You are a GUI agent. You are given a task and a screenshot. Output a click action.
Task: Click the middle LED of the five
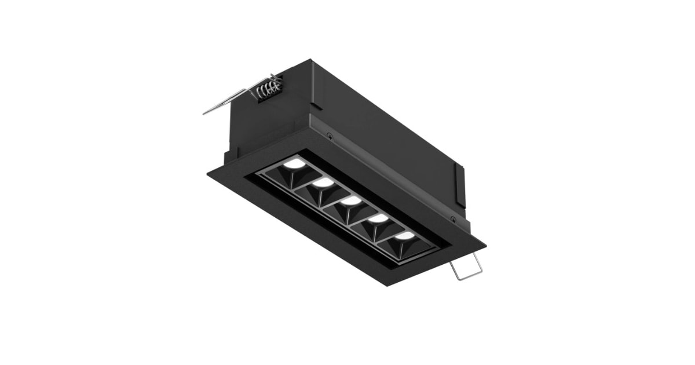coord(350,200)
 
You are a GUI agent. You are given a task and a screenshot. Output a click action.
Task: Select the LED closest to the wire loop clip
coord(405,236)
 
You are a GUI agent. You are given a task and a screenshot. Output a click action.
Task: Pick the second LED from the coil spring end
coord(323,183)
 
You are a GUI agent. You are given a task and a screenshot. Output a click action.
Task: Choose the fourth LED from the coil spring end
coord(378,218)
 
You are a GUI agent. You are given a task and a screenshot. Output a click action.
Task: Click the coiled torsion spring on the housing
coord(268,89)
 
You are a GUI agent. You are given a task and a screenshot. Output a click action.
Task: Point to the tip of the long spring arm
coord(204,113)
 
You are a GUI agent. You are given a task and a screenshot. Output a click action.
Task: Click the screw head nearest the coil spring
coord(329,136)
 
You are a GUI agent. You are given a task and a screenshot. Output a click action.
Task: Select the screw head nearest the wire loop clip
coord(452,219)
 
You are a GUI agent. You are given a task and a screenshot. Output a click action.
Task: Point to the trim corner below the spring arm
coord(209,173)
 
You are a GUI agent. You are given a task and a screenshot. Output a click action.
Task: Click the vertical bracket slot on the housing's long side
coord(459,184)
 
